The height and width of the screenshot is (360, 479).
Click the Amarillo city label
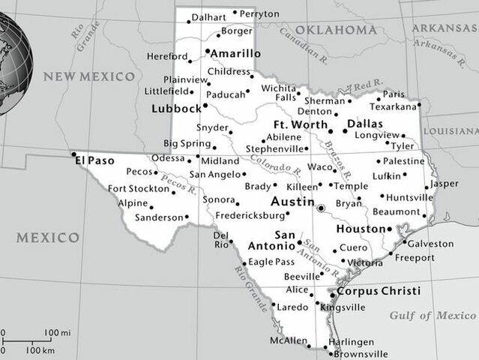[235, 54]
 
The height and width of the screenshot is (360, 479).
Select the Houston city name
[360, 229]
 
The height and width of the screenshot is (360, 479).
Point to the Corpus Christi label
[379, 291]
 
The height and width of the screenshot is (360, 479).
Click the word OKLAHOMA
[335, 30]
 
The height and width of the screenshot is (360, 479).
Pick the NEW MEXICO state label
[89, 76]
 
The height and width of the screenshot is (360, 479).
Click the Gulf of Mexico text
[433, 315]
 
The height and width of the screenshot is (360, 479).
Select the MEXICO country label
[48, 238]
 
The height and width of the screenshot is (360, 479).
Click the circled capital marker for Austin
[320, 208]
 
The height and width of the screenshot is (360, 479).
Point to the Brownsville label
[358, 354]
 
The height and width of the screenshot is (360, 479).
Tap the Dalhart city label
[208, 16]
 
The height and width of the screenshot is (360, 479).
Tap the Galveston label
[430, 244]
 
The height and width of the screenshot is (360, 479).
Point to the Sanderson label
[159, 217]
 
